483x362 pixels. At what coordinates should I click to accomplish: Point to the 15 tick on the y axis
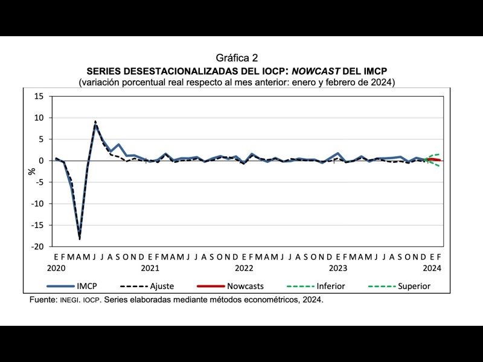[39, 96]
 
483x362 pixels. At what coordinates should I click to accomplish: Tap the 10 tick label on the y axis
[39, 118]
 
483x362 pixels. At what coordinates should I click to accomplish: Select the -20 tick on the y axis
[37, 247]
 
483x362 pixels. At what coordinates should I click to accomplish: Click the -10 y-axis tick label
[37, 204]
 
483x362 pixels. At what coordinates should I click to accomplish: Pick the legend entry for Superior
[414, 286]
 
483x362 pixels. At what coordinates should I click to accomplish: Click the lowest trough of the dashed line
[80, 239]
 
